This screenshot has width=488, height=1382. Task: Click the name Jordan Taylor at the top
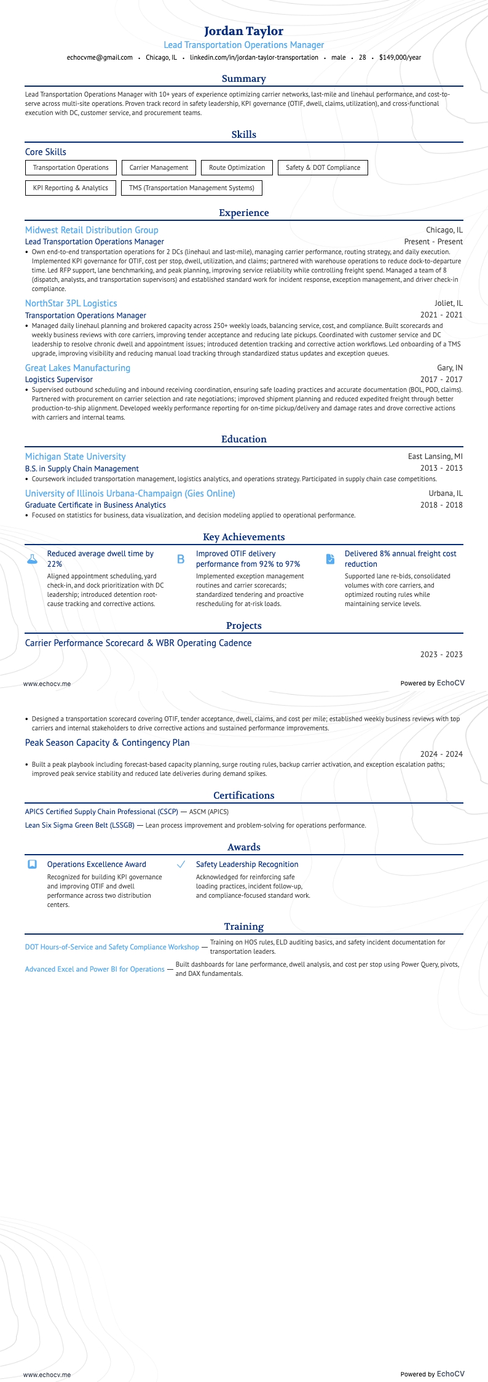pos(243,31)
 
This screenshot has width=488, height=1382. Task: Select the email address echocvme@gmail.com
pos(100,57)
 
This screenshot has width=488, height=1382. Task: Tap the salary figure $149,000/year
pos(400,57)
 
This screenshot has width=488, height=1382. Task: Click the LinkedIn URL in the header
pos(254,57)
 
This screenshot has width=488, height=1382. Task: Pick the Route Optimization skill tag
pos(237,167)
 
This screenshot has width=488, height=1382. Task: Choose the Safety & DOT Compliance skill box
pos(323,167)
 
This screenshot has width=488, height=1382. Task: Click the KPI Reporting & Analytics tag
pos(70,188)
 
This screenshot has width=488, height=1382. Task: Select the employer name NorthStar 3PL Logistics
pos(71,303)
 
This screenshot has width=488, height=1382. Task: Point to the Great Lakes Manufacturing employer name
pos(77,368)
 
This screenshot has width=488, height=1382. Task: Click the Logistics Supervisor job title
pos(58,380)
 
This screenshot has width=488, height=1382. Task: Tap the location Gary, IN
pos(449,368)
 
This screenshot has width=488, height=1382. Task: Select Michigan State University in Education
pos(75,457)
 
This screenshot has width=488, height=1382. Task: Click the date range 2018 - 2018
pos(441,505)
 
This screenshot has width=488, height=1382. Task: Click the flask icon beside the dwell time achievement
pos(32,559)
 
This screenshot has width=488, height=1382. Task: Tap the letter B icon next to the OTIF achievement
pos(181,559)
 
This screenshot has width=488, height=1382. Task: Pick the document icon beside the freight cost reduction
pos(330,559)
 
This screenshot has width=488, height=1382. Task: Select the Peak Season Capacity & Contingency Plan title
pos(107,743)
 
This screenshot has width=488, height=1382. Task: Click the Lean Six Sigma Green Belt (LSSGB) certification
pos(79,825)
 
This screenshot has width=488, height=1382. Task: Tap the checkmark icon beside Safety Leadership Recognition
pos(181,865)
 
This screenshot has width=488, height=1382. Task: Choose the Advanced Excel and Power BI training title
pos(95,969)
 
